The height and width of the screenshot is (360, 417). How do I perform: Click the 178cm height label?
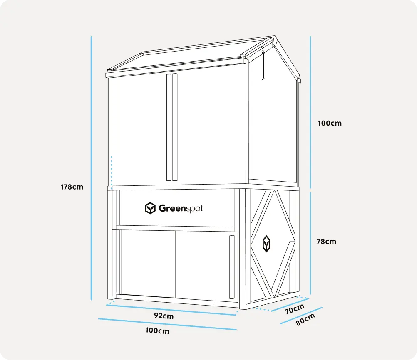point(72,187)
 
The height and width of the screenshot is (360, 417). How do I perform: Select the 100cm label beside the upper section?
point(330,123)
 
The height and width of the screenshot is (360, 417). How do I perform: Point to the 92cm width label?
point(164,316)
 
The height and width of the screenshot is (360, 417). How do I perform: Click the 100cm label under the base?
point(157,331)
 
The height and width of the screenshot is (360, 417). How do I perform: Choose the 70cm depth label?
point(295,309)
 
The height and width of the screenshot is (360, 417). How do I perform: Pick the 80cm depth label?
point(305,319)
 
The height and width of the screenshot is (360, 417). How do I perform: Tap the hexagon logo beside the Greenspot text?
point(150,208)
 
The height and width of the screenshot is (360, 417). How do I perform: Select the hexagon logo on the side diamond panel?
point(266,244)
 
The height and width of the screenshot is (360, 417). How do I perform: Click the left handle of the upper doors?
point(169,127)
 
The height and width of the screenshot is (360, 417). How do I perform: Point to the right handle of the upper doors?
point(175,127)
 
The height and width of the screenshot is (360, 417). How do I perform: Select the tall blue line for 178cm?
point(91,166)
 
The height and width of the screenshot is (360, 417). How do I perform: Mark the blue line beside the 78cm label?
point(310,241)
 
